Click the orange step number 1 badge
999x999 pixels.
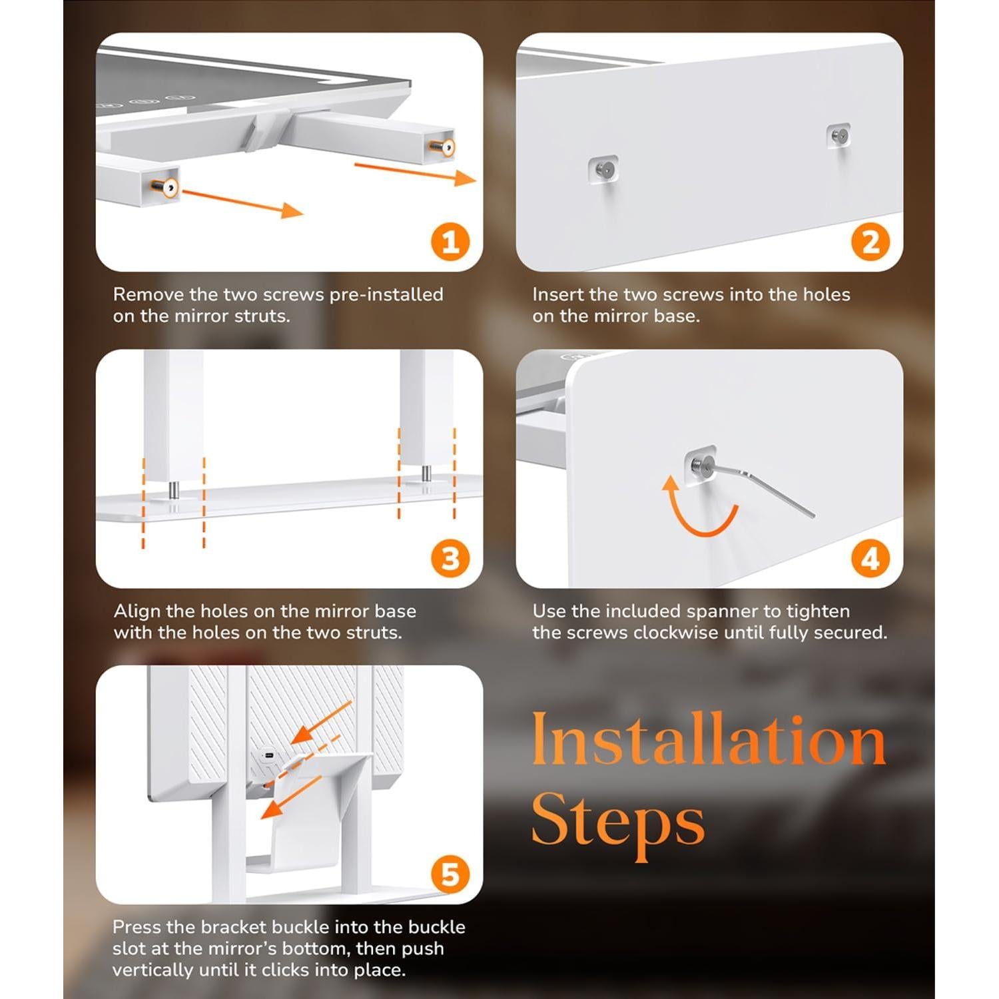click(x=451, y=242)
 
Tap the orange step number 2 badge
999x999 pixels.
click(x=870, y=242)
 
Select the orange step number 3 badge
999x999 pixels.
click(x=451, y=558)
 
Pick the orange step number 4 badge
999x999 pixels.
click(x=870, y=558)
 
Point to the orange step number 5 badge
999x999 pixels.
click(x=451, y=874)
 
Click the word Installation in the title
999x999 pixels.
click(x=709, y=740)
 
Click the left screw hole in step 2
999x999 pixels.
click(x=603, y=169)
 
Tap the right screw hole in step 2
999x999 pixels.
click(x=838, y=136)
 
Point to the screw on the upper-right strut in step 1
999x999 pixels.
click(x=444, y=147)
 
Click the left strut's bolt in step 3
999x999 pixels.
click(x=172, y=489)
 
